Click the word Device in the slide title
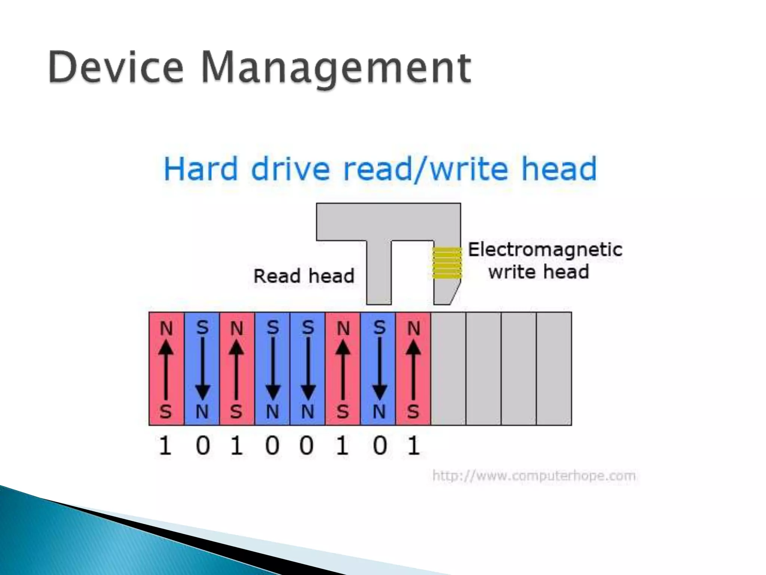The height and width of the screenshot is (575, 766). pos(116,68)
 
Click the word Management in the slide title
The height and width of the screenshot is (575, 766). pos(336,69)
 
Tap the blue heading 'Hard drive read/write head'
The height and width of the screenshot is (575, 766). pos(380,169)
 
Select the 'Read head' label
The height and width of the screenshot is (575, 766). pos(304,276)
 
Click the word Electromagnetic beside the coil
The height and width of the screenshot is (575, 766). pos(545,250)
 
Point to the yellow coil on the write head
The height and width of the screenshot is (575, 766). pos(447,263)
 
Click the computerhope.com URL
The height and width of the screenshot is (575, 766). pos(534,476)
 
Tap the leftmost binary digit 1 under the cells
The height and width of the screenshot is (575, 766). pos(165,446)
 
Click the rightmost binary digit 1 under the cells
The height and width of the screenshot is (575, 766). pos(413,446)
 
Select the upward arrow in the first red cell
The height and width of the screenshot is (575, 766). pos(166,371)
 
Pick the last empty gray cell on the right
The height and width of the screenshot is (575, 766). pos(554,369)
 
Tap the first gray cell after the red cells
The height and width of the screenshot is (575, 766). pos(448,369)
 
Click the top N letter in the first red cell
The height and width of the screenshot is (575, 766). pos(166,329)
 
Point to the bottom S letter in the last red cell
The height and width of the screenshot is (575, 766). pos(413,412)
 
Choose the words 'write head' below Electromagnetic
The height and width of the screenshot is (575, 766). pos(539,272)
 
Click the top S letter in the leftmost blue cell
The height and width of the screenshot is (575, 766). pos(202,328)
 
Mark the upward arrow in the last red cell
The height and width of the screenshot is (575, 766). pos(413,371)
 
